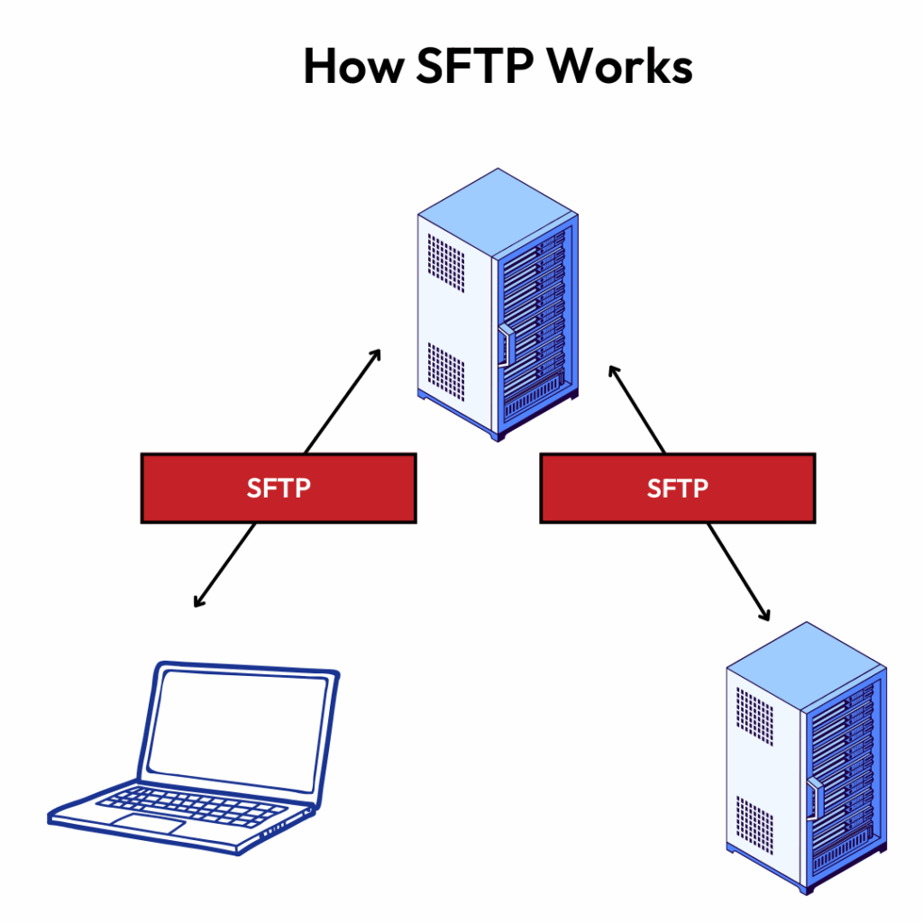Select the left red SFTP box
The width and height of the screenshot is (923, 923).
[x=279, y=488]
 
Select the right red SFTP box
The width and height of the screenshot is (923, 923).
[x=678, y=488]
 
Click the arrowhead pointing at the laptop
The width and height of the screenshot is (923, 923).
[x=199, y=601]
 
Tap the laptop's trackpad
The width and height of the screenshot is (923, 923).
[x=149, y=823]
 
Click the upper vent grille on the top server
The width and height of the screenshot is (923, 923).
[x=446, y=262]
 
